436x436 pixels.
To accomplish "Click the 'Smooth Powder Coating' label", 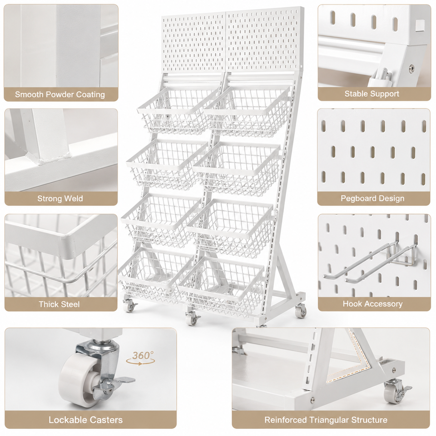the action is (x=60, y=94).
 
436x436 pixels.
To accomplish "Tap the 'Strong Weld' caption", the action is (x=60, y=198).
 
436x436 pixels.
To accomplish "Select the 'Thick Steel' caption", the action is (x=59, y=304).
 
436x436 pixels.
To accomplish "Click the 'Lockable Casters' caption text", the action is (x=86, y=420).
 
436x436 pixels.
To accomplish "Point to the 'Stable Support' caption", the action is (x=372, y=94).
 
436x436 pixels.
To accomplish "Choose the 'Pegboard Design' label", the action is (x=372, y=198).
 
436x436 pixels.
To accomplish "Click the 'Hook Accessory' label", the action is (x=372, y=304).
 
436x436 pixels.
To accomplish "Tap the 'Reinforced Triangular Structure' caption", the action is (x=326, y=420).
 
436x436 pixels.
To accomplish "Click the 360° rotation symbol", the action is (x=141, y=358).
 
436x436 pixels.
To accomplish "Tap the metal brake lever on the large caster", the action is (x=119, y=381).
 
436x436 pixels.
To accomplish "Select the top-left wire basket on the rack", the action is (x=178, y=111).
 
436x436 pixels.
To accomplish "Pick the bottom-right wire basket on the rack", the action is (x=221, y=287).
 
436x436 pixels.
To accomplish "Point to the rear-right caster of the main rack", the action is (x=301, y=310).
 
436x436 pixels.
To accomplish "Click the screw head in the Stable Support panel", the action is (x=412, y=68).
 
